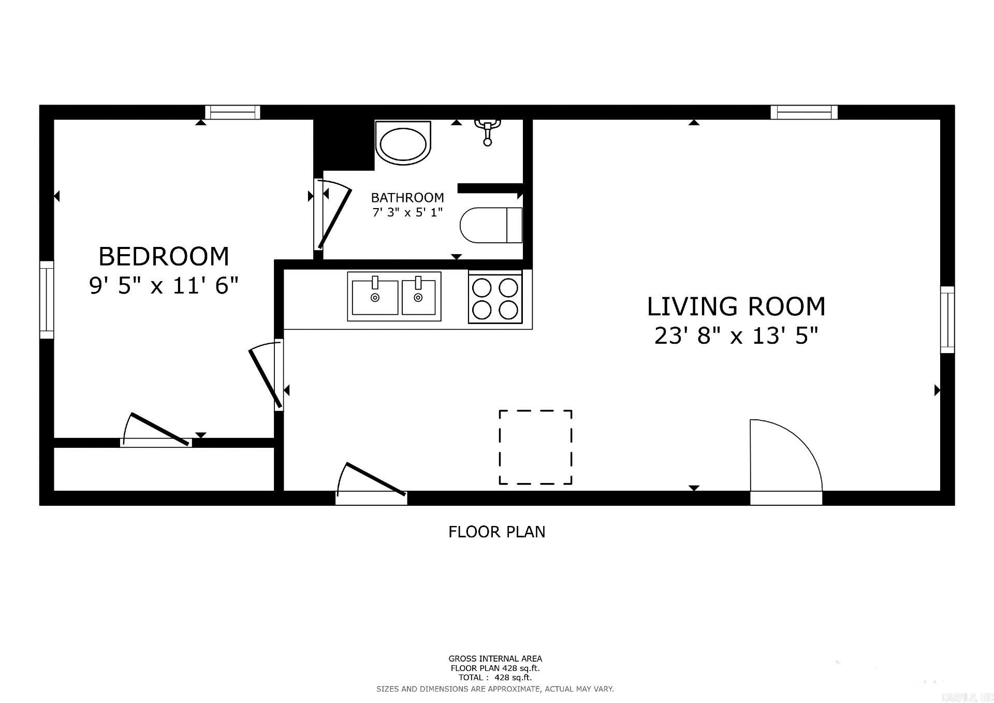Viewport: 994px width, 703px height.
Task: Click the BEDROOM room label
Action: [x=164, y=257]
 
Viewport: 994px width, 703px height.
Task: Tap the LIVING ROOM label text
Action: [x=736, y=306]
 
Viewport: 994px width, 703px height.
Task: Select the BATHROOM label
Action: [x=407, y=197]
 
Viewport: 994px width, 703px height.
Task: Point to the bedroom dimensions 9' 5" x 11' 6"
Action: [x=164, y=285]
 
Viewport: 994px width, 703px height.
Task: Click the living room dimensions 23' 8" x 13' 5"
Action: [x=736, y=336]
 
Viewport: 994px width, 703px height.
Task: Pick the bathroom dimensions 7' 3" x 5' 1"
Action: [x=407, y=212]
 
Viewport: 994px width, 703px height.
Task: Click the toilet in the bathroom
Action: [x=491, y=225]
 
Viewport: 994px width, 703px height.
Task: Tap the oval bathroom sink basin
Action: [x=403, y=143]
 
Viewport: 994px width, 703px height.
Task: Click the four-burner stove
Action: [x=495, y=299]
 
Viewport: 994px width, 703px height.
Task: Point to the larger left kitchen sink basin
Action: [x=375, y=297]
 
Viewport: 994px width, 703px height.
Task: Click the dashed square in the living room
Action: [x=535, y=447]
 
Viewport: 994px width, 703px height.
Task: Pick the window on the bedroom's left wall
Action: [x=47, y=300]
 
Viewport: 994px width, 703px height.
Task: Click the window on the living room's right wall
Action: [x=947, y=319]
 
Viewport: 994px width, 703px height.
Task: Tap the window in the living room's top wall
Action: [x=803, y=112]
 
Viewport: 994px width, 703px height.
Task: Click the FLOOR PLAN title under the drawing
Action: [x=496, y=532]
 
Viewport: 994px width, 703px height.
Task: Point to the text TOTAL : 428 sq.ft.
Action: [x=494, y=677]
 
